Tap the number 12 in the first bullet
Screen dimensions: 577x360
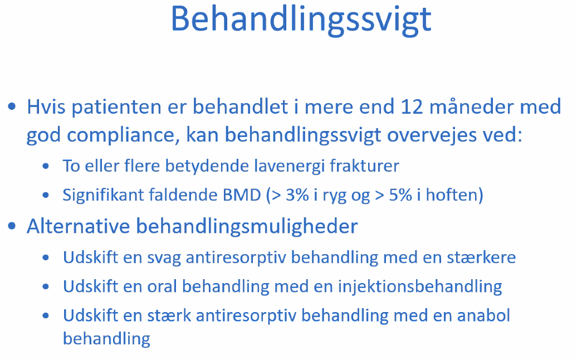click(412, 107)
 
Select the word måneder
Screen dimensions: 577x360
click(472, 107)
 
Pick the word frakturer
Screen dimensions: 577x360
click(364, 166)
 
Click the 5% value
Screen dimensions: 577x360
click(400, 194)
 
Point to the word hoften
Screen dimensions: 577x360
click(451, 194)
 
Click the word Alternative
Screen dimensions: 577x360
click(79, 226)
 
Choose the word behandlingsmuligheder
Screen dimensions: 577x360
click(247, 227)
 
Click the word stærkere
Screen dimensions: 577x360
click(482, 257)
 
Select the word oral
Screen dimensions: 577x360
click(162, 286)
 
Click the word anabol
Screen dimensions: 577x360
click(483, 315)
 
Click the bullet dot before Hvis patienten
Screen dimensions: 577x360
click(12, 107)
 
